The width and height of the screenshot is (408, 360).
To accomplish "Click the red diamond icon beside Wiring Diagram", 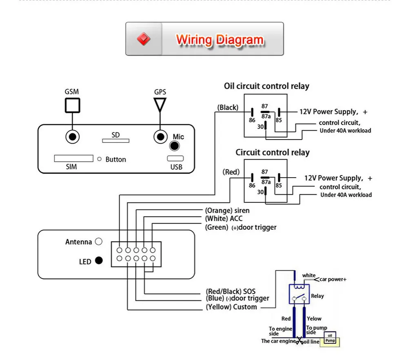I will tap(144, 39).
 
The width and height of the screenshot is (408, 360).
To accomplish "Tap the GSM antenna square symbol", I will tap(72, 105).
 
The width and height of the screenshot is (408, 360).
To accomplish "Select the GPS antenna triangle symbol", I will tap(160, 104).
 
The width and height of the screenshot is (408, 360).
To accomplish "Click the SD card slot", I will tap(115, 140).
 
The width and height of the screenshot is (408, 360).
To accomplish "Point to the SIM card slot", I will tap(73, 158).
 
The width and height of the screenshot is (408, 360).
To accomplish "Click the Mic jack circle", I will tap(175, 146).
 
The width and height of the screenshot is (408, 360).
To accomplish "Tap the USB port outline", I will tap(175, 158).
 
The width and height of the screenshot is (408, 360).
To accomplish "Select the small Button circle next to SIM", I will tap(99, 159).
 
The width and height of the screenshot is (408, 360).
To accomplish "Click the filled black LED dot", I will tap(98, 260).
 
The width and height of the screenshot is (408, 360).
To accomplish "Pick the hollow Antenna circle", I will tap(98, 242).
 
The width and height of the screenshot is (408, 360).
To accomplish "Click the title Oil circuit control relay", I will tap(266, 86).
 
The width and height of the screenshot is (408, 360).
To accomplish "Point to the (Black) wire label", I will tap(228, 107).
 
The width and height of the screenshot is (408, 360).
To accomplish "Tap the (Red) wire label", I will tap(231, 172).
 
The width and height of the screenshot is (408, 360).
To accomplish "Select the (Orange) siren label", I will tap(227, 211).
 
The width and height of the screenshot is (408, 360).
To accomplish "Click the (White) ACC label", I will tap(224, 219).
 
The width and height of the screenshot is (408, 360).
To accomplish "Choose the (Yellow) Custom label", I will tap(231, 307).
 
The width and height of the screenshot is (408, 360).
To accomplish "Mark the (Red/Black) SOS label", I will tap(231, 291).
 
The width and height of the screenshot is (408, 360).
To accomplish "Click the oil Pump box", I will tap(330, 337).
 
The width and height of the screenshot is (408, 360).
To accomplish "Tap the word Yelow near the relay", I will tap(314, 318).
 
